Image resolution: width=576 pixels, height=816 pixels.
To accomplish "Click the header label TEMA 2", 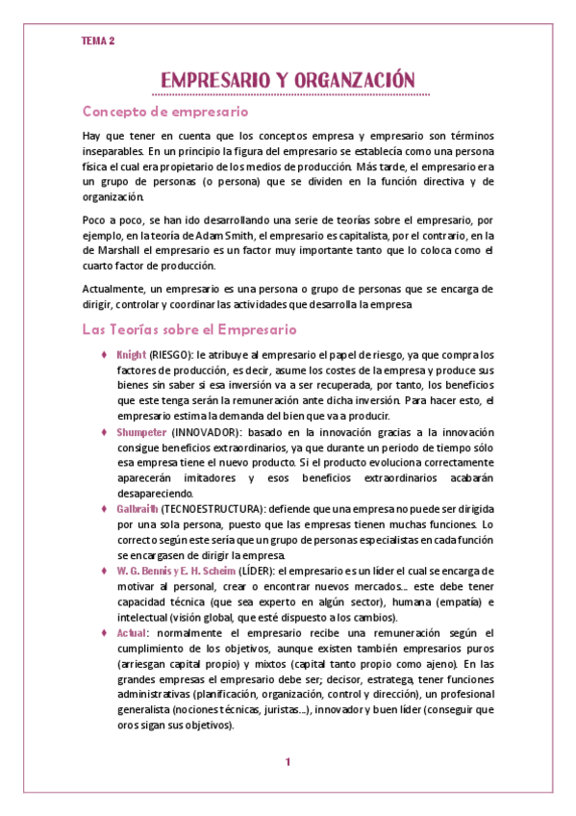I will point(98,40).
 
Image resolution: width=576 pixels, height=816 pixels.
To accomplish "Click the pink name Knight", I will point(131,355).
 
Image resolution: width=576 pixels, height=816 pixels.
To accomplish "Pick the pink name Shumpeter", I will point(141,432).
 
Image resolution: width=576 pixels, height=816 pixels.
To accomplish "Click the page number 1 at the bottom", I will point(287,762).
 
